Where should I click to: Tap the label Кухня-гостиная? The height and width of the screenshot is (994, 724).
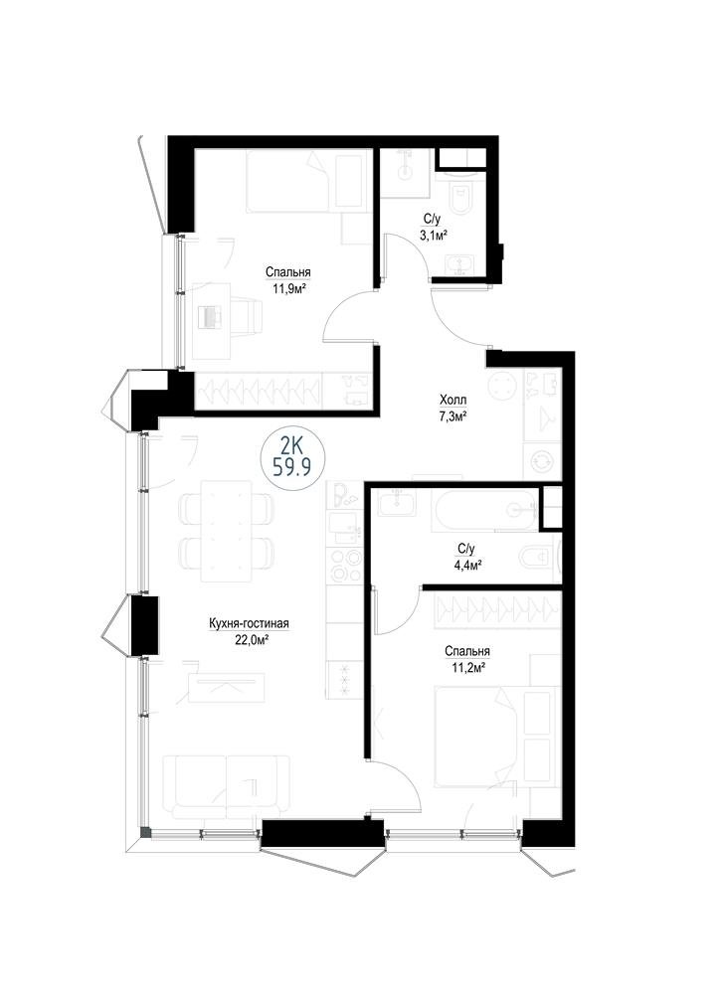click(249, 624)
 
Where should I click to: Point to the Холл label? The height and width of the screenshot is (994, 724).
click(452, 400)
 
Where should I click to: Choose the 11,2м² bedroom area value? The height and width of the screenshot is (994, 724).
click(466, 667)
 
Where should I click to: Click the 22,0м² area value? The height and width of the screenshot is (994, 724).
click(249, 640)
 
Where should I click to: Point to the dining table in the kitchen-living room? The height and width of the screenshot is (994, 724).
click(227, 531)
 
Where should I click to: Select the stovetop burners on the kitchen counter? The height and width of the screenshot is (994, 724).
click(343, 564)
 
